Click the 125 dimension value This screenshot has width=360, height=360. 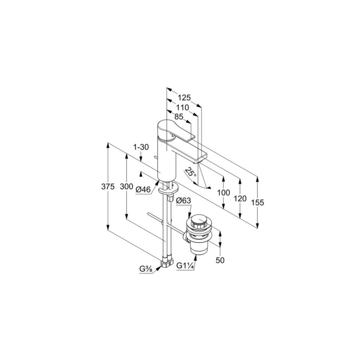[x=184, y=98]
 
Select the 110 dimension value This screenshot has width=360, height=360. [x=182, y=108]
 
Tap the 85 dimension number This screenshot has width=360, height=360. [x=179, y=117]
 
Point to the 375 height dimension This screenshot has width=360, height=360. [x=108, y=187]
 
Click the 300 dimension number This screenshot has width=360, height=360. [x=126, y=187]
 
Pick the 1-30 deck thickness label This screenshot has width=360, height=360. [x=141, y=147]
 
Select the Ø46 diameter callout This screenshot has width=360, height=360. [x=143, y=190]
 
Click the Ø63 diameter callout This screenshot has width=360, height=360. [x=184, y=201]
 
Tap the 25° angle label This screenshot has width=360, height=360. [x=191, y=172]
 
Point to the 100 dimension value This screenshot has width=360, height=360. [x=223, y=192]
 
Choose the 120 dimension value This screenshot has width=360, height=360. [x=240, y=198]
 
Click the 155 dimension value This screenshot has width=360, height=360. [x=258, y=202]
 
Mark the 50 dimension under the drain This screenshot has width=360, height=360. [x=220, y=260]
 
